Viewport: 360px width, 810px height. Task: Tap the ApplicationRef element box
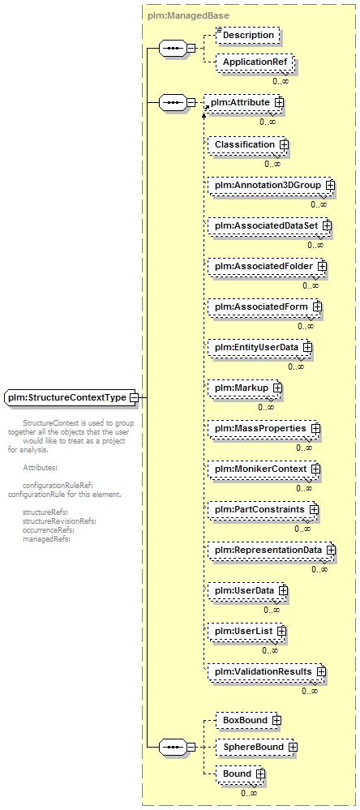(x=255, y=62)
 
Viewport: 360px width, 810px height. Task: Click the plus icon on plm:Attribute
(x=279, y=102)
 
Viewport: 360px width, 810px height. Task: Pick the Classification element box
(x=248, y=144)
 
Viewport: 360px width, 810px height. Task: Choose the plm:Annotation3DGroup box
(x=271, y=185)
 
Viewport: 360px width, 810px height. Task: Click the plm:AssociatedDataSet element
(x=269, y=225)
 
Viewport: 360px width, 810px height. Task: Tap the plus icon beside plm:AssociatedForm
(x=317, y=306)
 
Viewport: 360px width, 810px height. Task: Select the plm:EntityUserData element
(x=260, y=347)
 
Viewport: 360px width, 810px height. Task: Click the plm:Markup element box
(x=245, y=387)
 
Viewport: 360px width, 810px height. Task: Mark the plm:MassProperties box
(x=264, y=428)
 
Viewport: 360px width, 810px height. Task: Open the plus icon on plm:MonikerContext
(x=315, y=469)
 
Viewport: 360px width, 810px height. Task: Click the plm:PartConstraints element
(x=263, y=509)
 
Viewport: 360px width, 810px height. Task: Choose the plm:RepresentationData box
(x=272, y=550)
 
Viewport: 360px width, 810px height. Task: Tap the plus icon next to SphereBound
(x=293, y=747)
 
